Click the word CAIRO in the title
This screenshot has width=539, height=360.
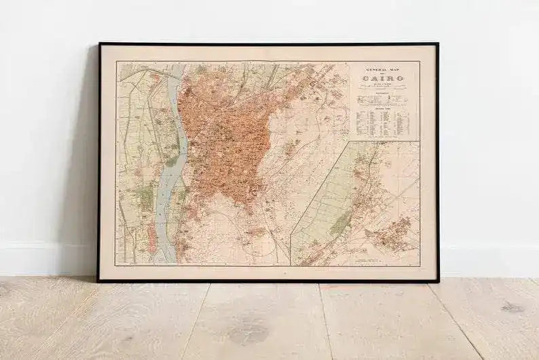[x=384, y=77]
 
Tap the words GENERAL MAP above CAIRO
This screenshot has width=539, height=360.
[x=384, y=69]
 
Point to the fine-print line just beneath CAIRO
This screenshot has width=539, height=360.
[x=384, y=84]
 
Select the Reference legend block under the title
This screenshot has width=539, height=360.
[x=384, y=100]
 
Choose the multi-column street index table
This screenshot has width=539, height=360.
[x=384, y=122]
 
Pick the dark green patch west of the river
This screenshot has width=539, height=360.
[x=145, y=198]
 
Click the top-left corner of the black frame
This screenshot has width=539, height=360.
[x=99, y=44]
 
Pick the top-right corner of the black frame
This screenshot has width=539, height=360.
[x=437, y=44]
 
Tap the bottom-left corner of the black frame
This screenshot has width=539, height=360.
[x=99, y=280]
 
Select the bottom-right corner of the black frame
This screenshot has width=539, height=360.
[x=437, y=280]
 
